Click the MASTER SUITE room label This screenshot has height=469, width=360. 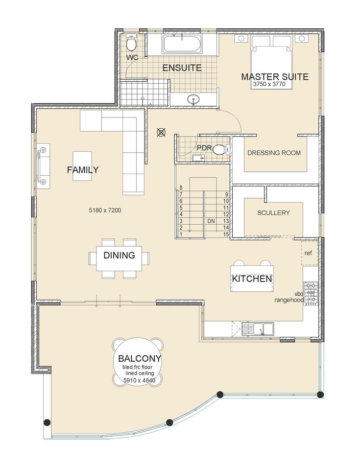275,77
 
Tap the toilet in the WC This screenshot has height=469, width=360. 131,43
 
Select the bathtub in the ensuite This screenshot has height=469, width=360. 181,44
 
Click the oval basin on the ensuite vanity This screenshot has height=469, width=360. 194,99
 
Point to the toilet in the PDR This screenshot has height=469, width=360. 221,149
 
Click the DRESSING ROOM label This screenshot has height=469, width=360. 274,153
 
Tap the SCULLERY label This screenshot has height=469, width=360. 273,212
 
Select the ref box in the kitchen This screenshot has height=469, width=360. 310,253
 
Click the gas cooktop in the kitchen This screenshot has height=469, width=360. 311,293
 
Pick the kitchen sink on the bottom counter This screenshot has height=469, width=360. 258,328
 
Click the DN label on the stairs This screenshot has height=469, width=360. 211,221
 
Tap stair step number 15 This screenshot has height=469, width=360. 226,234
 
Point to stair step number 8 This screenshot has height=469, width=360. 181,188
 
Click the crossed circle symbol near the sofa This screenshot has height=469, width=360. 161,132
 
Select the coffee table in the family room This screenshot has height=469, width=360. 82,166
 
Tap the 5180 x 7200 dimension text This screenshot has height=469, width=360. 105,211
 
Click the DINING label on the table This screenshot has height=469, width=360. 119,255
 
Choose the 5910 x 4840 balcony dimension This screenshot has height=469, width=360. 140,380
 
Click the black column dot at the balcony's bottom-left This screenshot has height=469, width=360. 47,422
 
